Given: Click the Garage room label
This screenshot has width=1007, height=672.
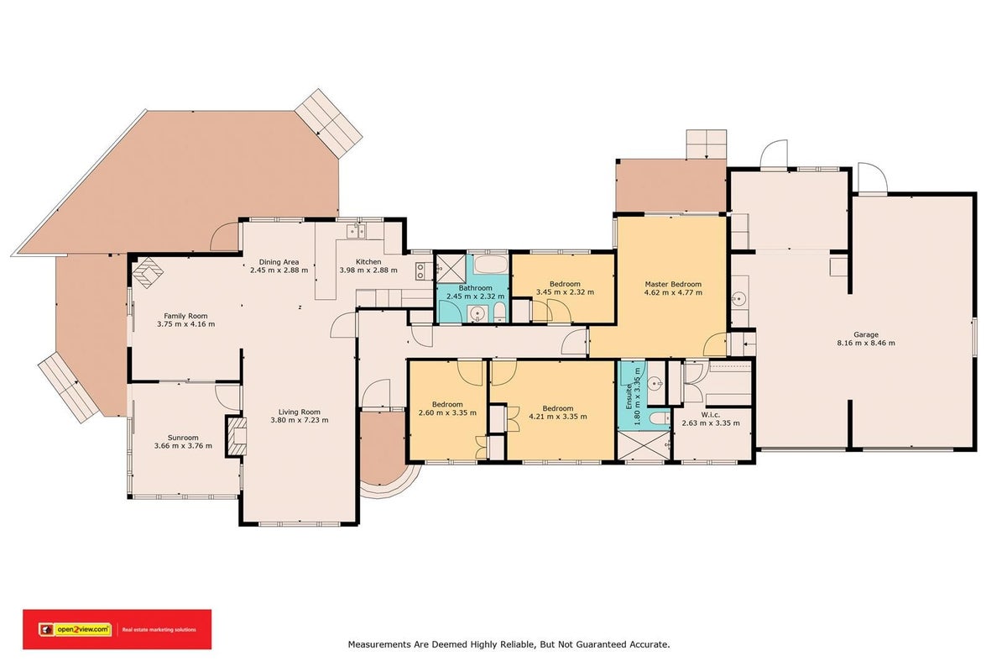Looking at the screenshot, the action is tap(865, 334).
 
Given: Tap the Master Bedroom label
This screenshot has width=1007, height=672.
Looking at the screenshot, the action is tap(673, 284).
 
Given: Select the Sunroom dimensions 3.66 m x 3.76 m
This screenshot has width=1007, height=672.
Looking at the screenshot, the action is tap(183, 445).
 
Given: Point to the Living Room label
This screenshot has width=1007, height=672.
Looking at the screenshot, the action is tap(299, 412).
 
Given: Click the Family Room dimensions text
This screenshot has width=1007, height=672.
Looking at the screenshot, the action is tap(185, 324).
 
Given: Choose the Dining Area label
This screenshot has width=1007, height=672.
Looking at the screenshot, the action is tap(279, 262).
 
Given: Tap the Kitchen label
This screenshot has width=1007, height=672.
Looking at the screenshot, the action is tap(368, 261).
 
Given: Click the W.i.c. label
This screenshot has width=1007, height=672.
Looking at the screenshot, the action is tap(710, 415).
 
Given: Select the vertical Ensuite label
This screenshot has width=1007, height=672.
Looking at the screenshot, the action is tap(629, 396).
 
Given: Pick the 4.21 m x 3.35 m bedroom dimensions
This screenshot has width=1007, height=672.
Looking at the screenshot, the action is tap(557, 417).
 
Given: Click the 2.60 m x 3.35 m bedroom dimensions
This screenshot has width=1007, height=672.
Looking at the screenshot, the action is tap(447, 412).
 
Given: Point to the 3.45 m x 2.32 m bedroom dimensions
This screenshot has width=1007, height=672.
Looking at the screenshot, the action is tap(565, 291).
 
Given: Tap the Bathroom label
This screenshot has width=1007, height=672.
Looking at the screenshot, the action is tap(475, 287).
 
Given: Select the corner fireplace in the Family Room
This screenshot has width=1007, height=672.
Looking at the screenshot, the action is tap(148, 272).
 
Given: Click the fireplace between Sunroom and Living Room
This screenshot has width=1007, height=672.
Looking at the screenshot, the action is tap(237, 436).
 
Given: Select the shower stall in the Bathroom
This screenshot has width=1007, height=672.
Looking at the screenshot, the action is tap(451, 268).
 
